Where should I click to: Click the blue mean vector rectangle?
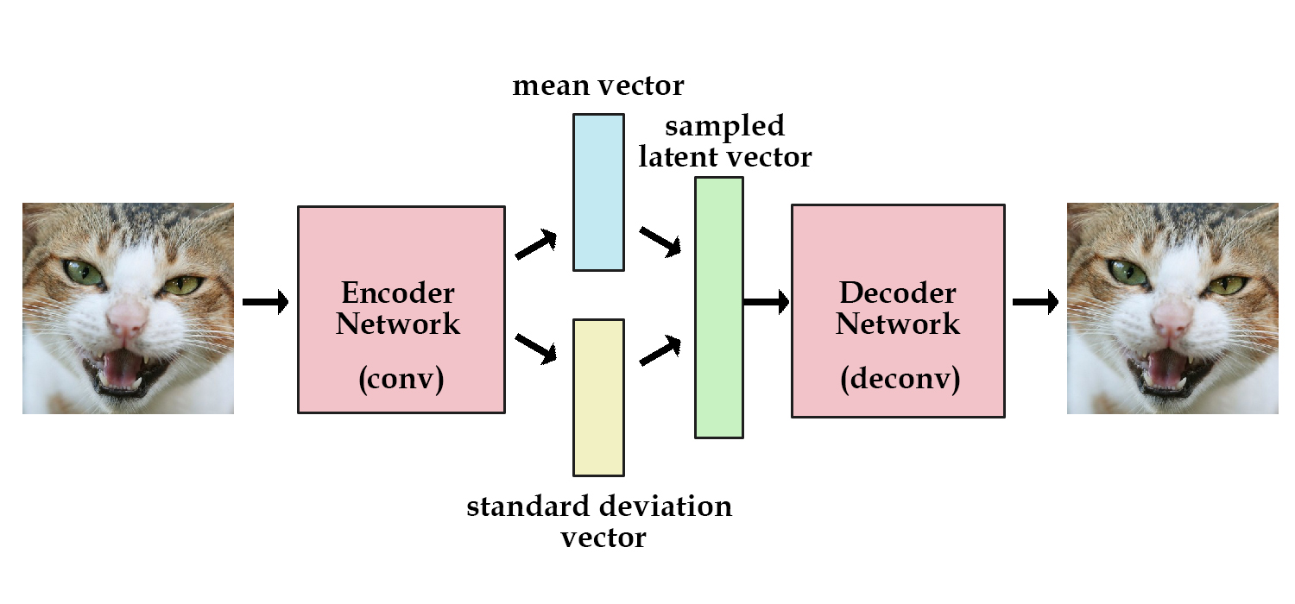coord(598,192)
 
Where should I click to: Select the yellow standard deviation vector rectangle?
coord(598,397)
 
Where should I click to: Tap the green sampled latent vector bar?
coord(719,307)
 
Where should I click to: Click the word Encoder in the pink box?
coord(398,293)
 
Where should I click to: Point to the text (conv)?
coord(401,381)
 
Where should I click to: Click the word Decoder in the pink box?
coord(898,293)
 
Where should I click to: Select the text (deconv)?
coord(900,381)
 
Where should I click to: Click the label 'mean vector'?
coord(597,85)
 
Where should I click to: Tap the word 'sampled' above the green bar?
coord(725,126)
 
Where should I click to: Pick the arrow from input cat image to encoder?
coord(265,302)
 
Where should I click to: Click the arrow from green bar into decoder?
coord(767,302)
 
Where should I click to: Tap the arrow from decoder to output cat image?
coord(1035,302)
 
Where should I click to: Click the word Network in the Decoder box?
coord(898,324)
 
